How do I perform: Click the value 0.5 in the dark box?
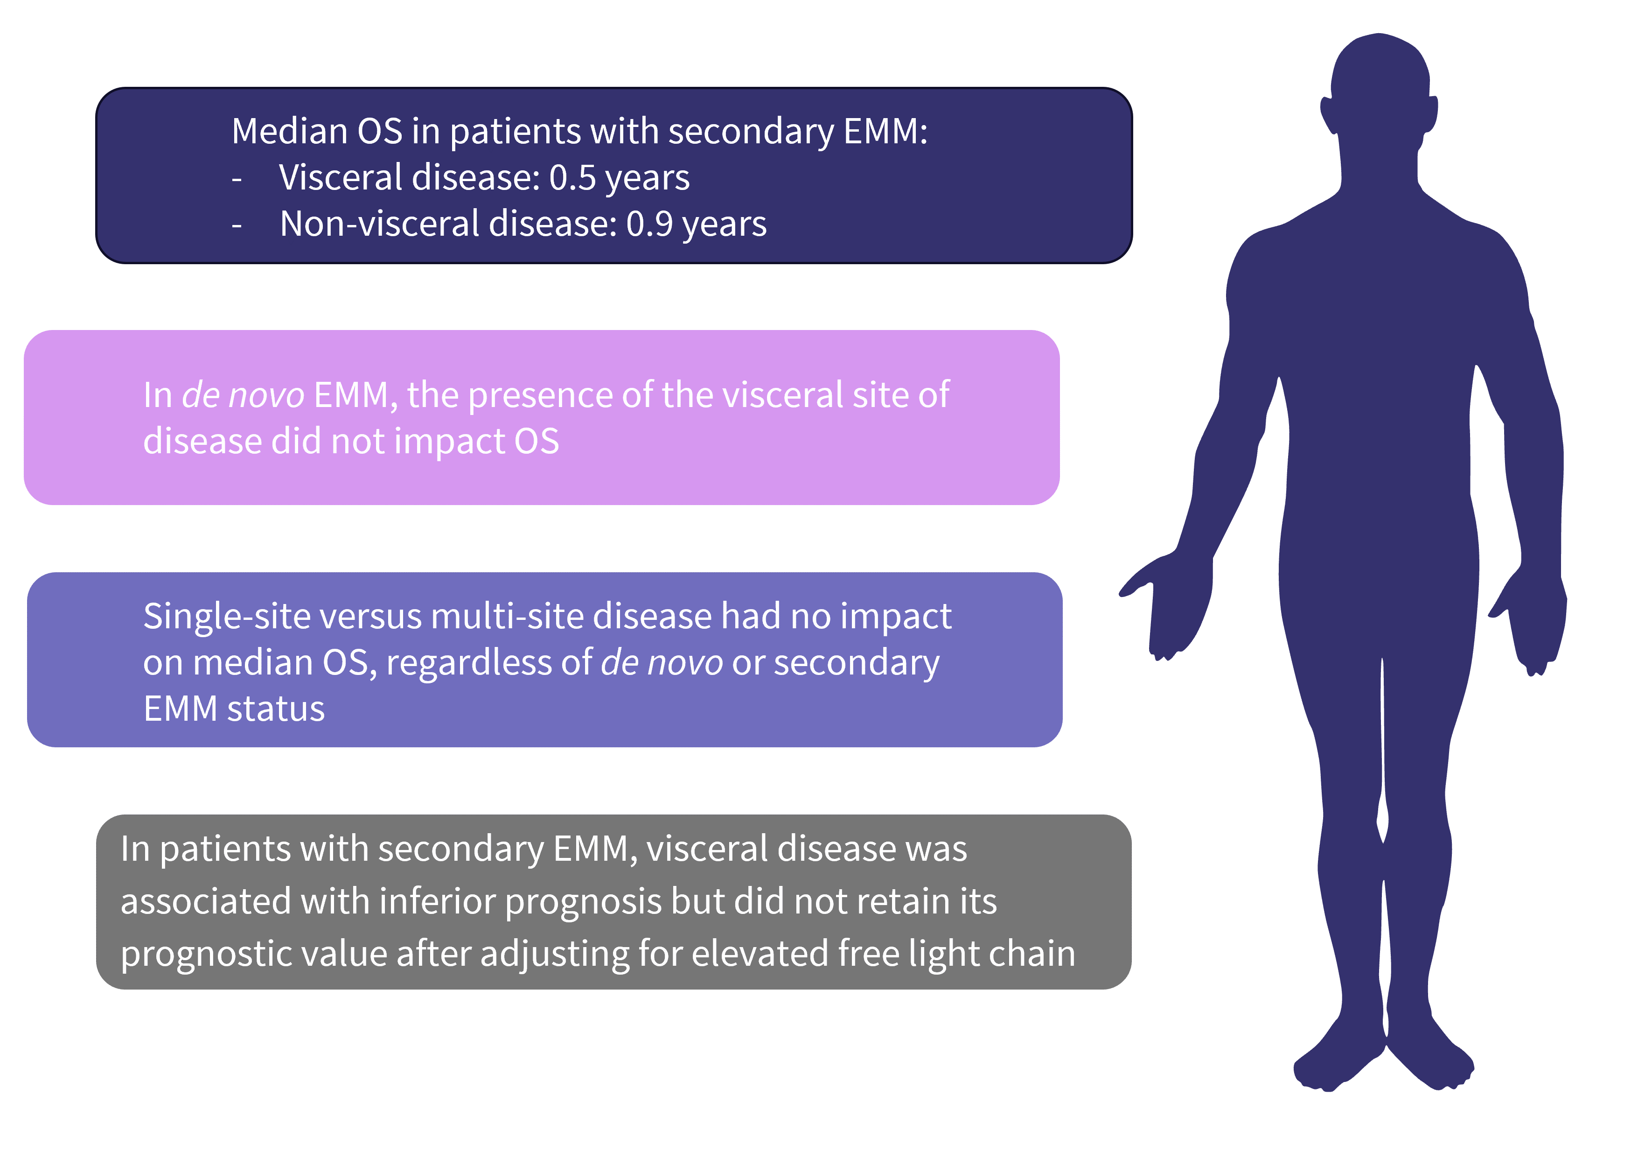coord(572,177)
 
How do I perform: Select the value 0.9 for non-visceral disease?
coord(649,224)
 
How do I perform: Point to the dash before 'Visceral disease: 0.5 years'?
coord(237,179)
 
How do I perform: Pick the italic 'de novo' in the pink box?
coord(243,395)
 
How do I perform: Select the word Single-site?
coord(227,616)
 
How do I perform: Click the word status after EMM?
coord(276,709)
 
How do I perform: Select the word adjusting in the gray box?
coord(554,954)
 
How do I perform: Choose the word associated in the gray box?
coord(205,901)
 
